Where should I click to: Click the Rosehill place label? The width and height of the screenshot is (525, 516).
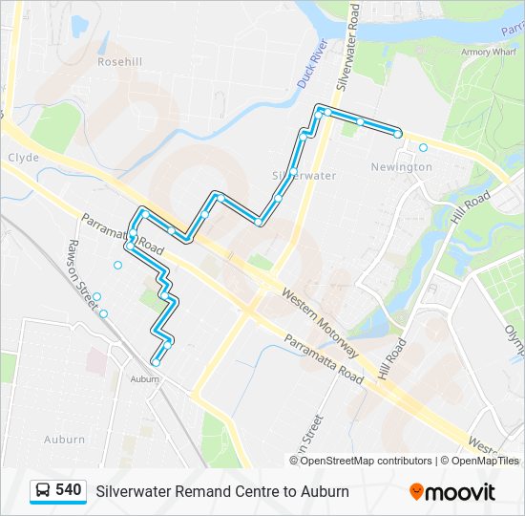(x=119, y=61)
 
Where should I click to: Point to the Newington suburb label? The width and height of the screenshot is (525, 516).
(x=401, y=166)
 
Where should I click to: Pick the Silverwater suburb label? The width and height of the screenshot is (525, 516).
(x=304, y=176)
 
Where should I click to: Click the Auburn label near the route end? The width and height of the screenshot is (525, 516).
(x=144, y=379)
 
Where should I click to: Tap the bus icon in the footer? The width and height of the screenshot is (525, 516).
(x=43, y=491)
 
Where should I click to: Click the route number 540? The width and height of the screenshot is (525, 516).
(x=68, y=490)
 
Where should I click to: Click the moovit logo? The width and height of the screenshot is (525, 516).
(x=452, y=491)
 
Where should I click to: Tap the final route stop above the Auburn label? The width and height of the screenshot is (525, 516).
(x=155, y=362)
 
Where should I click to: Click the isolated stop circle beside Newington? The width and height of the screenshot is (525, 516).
(x=423, y=148)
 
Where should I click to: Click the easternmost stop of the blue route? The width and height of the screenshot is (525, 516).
(x=397, y=134)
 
